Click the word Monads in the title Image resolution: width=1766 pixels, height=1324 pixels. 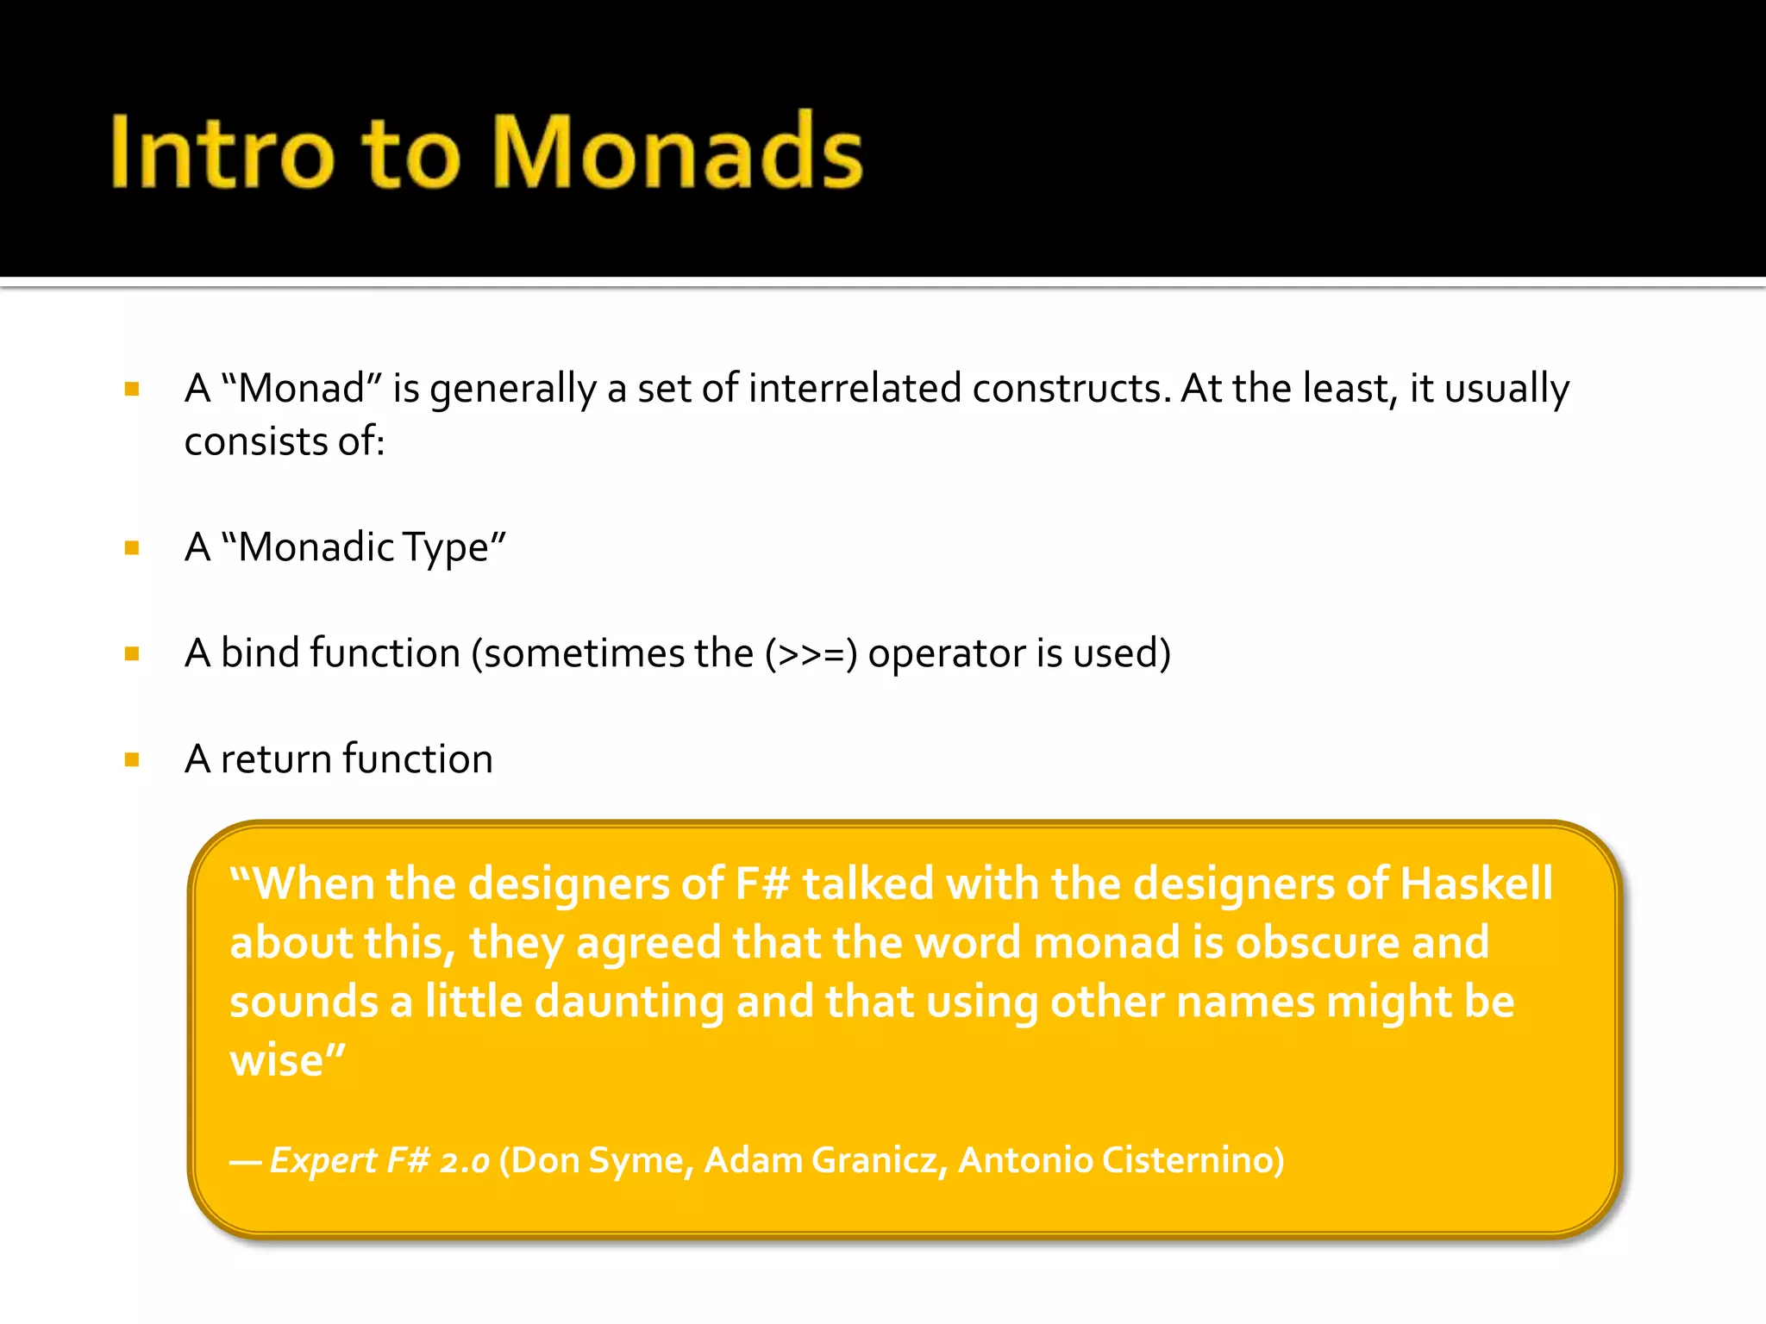678,153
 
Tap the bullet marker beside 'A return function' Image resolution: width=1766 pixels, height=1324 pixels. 132,760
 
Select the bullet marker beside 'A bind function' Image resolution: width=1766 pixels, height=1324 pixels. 132,654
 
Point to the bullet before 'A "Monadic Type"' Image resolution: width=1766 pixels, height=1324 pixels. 132,548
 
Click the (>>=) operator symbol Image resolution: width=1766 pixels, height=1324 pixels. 811,654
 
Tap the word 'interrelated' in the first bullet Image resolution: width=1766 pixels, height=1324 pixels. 854,389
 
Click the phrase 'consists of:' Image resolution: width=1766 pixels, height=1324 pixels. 285,442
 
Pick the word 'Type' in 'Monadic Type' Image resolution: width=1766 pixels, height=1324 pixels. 454,548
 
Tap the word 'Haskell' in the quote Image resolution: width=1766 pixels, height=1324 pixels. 1476,884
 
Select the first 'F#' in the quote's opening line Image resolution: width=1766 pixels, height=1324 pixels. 762,884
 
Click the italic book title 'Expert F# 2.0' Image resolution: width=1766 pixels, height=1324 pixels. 379,1161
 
